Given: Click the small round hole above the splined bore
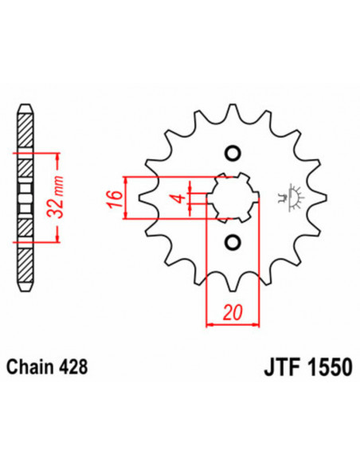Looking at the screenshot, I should tap(233, 153).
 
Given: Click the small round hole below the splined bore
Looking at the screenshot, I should tap(233, 241).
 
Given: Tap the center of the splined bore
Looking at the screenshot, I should tap(233, 197).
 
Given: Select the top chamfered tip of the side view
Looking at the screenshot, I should tap(26, 109).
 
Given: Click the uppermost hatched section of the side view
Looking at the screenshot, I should tap(26, 131).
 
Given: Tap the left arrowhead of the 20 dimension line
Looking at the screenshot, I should tap(211, 324).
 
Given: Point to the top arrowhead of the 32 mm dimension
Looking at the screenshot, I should tap(55, 154).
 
